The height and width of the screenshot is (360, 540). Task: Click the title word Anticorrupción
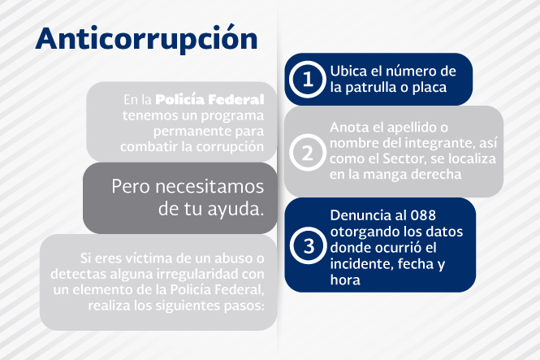point(146,39)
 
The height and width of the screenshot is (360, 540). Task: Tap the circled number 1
point(308,80)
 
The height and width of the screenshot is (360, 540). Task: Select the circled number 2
point(308,153)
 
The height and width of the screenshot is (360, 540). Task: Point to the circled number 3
point(309,245)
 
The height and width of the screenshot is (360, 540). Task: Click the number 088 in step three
point(422,215)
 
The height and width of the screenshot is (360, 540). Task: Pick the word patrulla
point(371,88)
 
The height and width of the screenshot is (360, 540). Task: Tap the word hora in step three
point(345,280)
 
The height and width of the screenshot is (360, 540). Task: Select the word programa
point(232,116)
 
